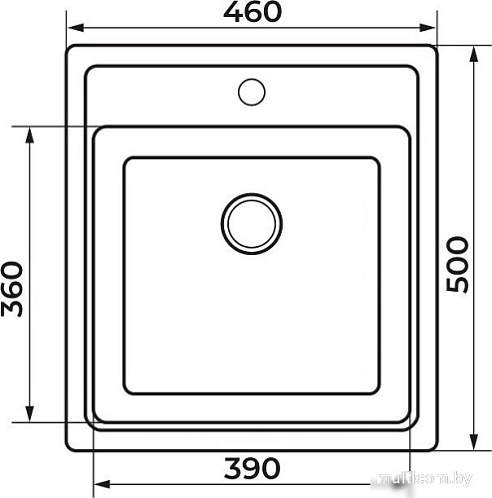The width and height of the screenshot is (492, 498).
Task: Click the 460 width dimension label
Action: pos(252,12)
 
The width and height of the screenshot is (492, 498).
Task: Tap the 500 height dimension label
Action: pos(457,265)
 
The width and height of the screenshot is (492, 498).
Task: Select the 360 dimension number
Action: pos(12,289)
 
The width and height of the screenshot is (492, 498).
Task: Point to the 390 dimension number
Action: pos(252,468)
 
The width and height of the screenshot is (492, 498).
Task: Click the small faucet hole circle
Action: pos(252,92)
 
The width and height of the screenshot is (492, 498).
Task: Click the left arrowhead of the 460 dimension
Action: pos(75,28)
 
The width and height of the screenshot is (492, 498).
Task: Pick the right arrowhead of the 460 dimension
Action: pos(427,28)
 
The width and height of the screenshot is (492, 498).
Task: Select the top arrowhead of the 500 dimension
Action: pos(474,54)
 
